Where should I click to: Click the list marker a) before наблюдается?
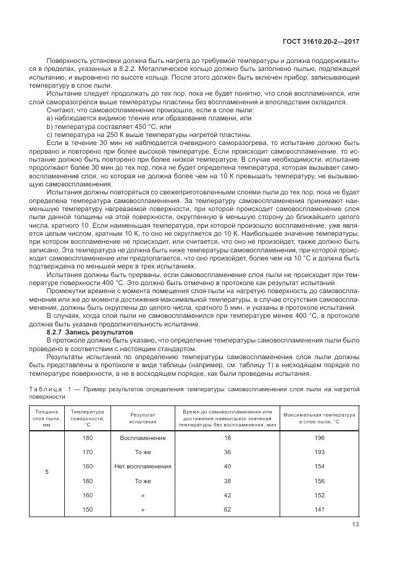[x=50, y=117]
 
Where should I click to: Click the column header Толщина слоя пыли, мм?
[x=46, y=417]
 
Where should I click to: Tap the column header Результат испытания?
[x=143, y=417]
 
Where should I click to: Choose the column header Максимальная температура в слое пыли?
[x=319, y=417]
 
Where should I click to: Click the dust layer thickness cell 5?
[x=46, y=471]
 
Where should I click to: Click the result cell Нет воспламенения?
[x=143, y=466]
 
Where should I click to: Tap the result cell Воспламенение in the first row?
[x=143, y=437]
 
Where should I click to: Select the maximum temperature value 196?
[x=319, y=437]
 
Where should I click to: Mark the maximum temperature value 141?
[x=319, y=510]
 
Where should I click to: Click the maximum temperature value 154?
[x=319, y=466]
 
